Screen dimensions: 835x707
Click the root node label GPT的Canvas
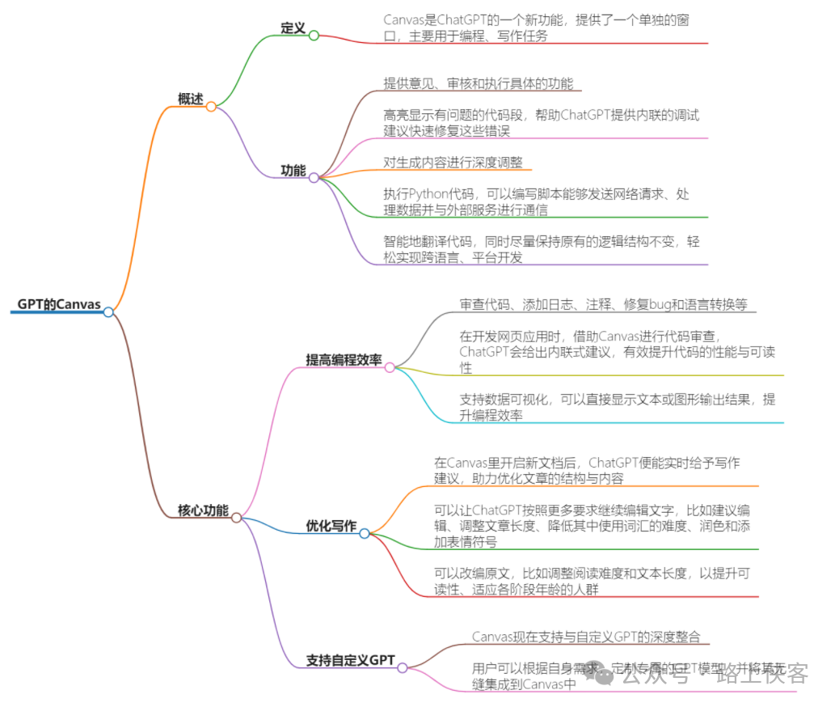point(59,305)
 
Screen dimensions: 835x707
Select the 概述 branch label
point(191,99)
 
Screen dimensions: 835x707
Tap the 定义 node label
point(293,28)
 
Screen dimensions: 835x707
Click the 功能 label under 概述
point(293,171)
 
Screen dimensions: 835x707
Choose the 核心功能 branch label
point(203,510)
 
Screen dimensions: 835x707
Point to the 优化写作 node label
point(331,526)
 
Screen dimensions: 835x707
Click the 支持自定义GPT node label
point(350,660)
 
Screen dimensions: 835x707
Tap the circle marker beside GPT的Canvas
point(108,311)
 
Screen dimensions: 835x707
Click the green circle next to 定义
point(314,36)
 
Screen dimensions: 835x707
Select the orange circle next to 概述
point(211,106)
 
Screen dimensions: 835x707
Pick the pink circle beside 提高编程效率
point(390,367)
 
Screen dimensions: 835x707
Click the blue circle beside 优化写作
point(365,533)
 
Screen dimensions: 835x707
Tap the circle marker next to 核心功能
point(236,517)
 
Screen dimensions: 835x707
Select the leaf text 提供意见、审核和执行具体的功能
point(478,83)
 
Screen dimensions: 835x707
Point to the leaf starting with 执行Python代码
point(536,202)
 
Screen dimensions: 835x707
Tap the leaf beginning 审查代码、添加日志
point(604,305)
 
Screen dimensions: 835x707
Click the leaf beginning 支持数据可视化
point(617,407)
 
